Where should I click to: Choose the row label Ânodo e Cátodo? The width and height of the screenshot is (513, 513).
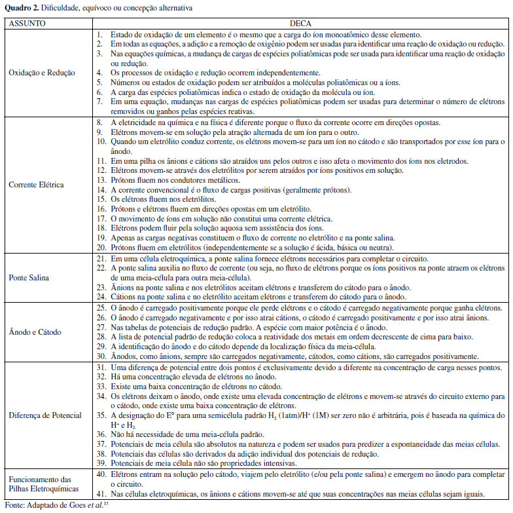click(32, 332)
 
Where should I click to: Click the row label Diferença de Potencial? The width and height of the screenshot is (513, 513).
click(44, 415)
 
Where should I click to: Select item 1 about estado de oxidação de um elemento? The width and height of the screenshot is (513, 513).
click(262, 35)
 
